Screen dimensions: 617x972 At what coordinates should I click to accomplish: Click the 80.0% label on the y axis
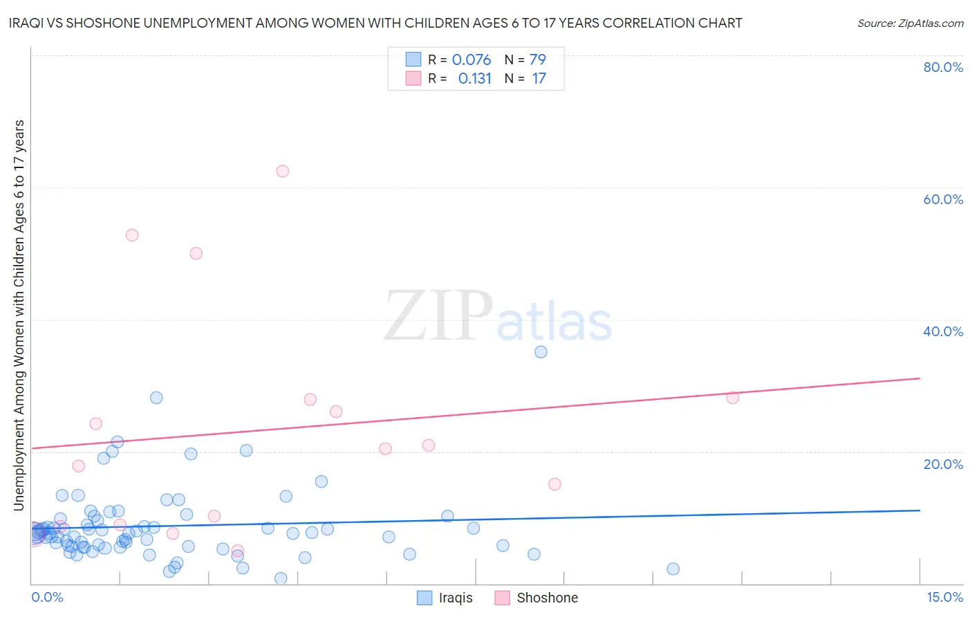point(943,67)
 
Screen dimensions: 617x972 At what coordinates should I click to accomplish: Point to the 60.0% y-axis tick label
point(943,199)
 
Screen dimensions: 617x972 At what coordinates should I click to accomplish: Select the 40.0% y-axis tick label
point(943,331)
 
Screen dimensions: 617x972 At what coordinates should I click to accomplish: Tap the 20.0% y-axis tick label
point(943,464)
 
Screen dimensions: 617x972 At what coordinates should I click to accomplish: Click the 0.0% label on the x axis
point(47,597)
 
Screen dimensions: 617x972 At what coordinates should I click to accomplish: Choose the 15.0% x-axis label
point(944,597)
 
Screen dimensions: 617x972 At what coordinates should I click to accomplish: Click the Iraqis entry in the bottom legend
point(455,598)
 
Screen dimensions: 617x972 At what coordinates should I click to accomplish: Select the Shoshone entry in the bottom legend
point(547,598)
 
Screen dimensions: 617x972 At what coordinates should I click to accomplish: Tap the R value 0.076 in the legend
point(471,59)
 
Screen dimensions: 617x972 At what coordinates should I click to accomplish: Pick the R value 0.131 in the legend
point(474,78)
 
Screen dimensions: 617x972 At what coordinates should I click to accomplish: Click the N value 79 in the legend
point(537,59)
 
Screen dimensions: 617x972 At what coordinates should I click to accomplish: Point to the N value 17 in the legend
point(539,78)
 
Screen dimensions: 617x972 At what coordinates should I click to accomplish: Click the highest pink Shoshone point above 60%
point(282,171)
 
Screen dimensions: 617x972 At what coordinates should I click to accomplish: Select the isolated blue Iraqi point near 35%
point(541,351)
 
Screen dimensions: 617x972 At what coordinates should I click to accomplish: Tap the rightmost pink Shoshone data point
point(733,398)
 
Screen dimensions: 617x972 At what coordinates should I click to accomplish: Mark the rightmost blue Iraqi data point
point(673,569)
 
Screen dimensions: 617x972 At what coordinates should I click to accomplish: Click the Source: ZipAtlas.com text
point(910,24)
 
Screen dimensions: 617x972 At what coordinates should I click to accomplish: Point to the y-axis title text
point(19,315)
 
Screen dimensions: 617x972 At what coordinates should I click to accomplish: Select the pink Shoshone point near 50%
point(196,253)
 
